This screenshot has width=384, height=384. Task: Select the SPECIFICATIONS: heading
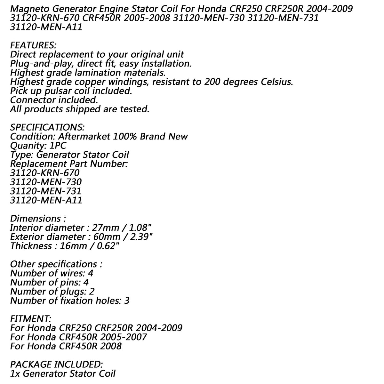47,127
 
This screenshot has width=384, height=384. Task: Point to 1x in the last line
15,373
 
